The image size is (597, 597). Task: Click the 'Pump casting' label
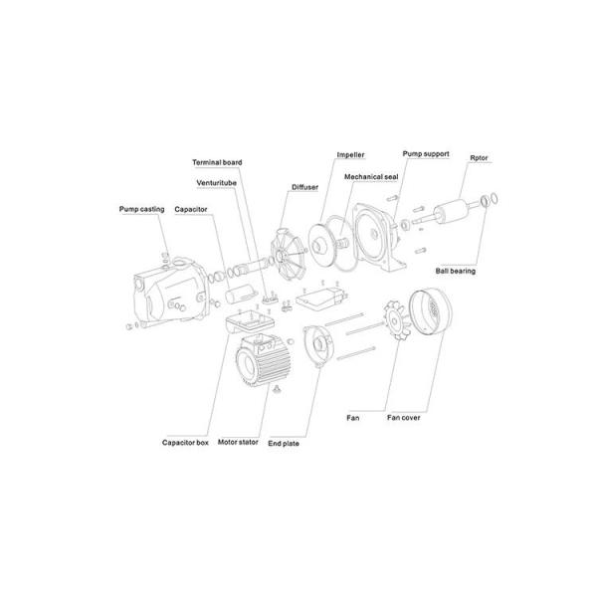click(x=141, y=209)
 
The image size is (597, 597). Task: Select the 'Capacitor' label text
click(x=191, y=209)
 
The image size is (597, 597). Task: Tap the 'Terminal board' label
click(x=217, y=162)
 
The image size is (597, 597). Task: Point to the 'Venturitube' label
click(x=216, y=183)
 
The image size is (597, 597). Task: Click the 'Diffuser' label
click(x=305, y=187)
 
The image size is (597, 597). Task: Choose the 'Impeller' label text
click(x=350, y=155)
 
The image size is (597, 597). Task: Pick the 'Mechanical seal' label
click(x=371, y=177)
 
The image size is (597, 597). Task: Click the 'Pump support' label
click(x=426, y=154)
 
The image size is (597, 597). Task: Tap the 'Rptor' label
click(x=479, y=158)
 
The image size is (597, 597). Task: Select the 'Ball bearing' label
click(x=456, y=271)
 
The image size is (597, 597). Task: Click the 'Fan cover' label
click(x=404, y=418)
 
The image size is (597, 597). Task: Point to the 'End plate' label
click(x=284, y=444)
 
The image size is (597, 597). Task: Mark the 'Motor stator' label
click(x=238, y=442)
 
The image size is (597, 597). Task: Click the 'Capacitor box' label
click(x=185, y=443)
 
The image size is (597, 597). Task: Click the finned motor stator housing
click(x=263, y=360)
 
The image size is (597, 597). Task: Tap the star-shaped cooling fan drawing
click(x=397, y=320)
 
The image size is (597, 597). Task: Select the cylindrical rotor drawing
click(x=451, y=212)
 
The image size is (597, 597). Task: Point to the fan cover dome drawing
click(x=430, y=313)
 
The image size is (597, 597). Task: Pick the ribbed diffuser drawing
click(x=288, y=255)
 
